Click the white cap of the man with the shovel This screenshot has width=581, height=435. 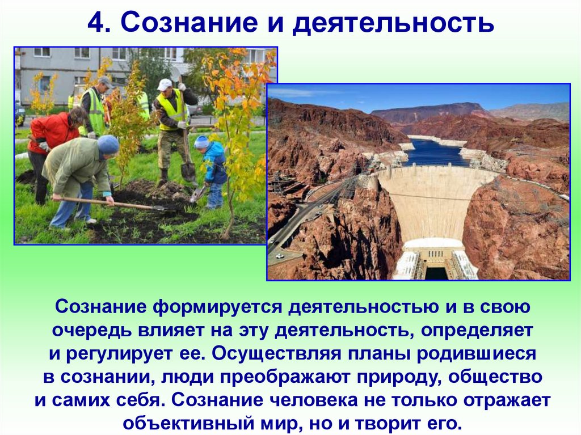click(x=165, y=84)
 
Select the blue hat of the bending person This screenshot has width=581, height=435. click(x=108, y=145)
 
